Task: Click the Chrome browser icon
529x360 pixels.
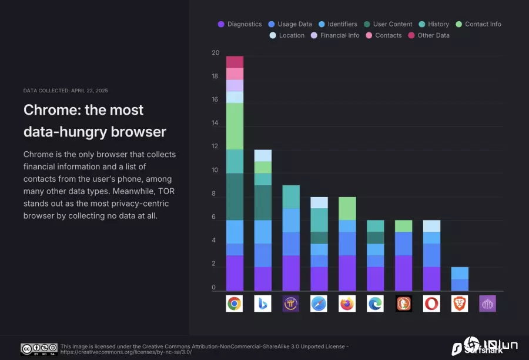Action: pos(235,304)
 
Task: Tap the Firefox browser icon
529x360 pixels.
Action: pos(347,304)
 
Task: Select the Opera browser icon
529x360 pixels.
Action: pos(432,304)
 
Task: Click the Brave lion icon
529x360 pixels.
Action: pos(460,304)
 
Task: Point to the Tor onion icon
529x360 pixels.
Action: pos(488,304)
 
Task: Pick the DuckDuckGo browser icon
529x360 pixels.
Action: pos(404,304)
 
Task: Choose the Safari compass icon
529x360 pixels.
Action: pos(319,304)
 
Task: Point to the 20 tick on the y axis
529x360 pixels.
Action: pos(215,53)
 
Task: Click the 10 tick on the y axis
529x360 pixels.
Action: pos(215,171)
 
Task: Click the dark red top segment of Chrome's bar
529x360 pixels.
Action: pos(235,62)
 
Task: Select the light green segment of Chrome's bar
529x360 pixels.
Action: pos(235,126)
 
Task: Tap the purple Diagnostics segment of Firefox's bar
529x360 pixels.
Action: pos(347,273)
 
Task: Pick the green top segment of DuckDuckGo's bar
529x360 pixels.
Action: pos(404,226)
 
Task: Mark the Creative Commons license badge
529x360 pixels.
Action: pos(39,349)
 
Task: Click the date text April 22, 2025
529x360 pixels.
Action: pos(86,91)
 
